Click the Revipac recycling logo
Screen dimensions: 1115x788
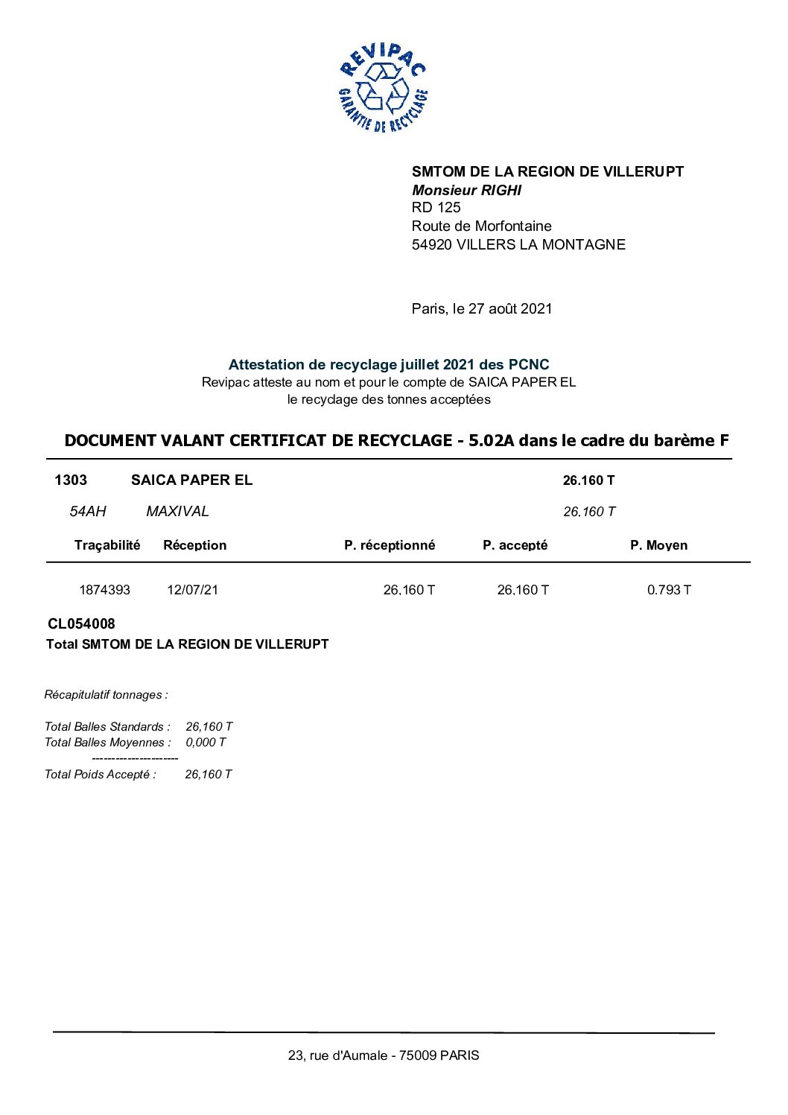point(383,88)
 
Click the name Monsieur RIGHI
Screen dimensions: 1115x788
point(466,190)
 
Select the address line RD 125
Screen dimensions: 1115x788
point(436,208)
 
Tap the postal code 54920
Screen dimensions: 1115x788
point(432,245)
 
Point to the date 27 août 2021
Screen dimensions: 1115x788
point(510,309)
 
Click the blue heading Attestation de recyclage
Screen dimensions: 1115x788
point(388,365)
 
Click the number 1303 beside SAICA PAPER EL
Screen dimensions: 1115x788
point(71,480)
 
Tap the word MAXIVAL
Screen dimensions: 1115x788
point(177,512)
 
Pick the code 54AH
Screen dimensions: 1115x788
point(88,512)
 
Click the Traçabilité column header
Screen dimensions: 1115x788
point(107,545)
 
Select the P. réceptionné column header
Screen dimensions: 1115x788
point(389,545)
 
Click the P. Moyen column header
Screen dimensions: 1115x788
point(658,545)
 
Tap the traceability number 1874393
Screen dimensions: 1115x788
point(104,590)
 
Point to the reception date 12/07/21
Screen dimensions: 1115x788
point(192,590)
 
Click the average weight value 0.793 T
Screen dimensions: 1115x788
point(668,590)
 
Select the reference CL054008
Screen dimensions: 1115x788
point(81,624)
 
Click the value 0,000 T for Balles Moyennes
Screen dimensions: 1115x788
point(206,743)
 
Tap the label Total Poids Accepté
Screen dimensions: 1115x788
point(100,775)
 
